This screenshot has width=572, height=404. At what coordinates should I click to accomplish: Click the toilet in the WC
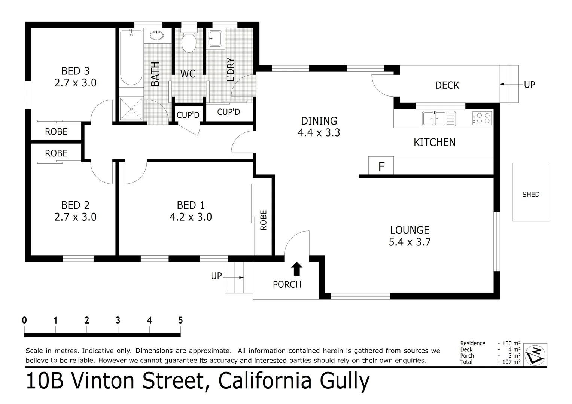point(189,42)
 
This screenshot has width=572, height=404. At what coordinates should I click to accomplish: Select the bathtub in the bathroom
point(131,58)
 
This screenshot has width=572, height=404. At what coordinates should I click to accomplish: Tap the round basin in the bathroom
point(156,36)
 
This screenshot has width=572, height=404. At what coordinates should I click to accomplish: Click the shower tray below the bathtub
point(131,109)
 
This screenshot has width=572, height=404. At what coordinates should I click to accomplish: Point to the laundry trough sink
point(216,39)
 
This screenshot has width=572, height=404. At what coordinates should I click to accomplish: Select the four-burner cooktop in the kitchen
point(482,119)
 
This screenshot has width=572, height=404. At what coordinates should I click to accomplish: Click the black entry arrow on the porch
point(297,269)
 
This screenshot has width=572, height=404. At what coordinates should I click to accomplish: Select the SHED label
point(530,194)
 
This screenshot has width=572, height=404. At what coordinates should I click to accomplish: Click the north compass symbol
point(535,354)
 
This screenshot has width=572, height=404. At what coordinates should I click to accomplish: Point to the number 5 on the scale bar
point(180,320)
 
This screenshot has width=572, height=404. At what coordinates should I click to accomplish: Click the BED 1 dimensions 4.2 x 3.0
point(191,217)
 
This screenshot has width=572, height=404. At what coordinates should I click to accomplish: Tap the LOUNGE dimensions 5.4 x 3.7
point(410,242)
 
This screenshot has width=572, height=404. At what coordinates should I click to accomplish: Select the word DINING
point(319,121)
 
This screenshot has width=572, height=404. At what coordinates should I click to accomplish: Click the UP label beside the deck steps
point(529,85)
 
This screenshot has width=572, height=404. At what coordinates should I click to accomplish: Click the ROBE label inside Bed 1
point(264,220)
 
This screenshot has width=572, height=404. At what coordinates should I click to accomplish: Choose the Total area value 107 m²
point(511,362)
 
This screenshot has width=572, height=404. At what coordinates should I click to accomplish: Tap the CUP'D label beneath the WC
point(188,115)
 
